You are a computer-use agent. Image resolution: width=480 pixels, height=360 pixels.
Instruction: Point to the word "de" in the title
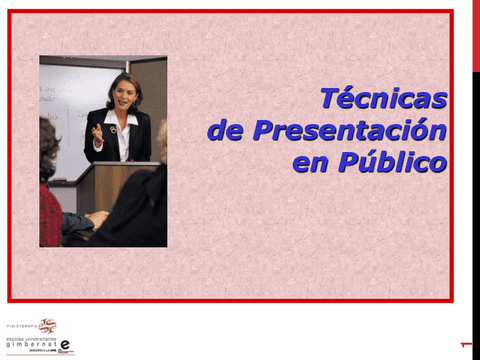[226, 130]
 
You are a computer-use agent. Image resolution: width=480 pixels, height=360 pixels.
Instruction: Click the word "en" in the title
[309, 162]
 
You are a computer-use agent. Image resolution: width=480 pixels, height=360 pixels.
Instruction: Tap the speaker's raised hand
[97, 131]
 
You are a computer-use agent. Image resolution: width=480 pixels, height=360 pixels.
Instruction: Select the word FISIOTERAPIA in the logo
[22, 326]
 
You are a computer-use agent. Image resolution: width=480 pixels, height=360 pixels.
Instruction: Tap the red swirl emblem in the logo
[47, 326]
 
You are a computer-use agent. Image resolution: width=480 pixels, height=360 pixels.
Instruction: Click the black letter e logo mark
[65, 344]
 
